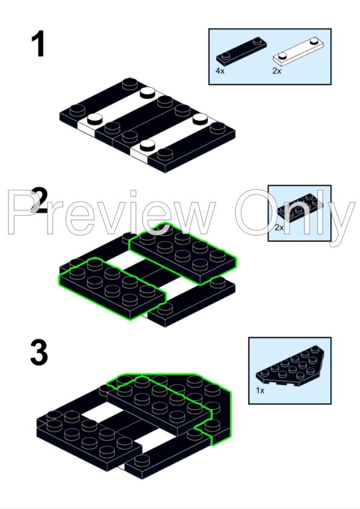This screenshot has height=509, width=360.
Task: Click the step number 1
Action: (x=39, y=44)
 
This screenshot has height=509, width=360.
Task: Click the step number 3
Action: (x=39, y=352)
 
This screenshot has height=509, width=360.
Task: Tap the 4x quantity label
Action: (x=220, y=71)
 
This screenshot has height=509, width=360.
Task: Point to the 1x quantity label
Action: (x=260, y=390)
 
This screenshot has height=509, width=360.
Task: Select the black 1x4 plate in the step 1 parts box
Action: (x=241, y=50)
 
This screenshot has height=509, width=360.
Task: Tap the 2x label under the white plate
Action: (x=277, y=71)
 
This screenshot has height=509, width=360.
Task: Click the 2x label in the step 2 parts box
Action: (x=279, y=227)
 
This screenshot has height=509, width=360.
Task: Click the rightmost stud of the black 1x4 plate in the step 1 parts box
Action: (x=257, y=41)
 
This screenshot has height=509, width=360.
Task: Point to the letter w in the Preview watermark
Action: (x=195, y=218)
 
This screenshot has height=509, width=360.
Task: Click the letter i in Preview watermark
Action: (x=133, y=212)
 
